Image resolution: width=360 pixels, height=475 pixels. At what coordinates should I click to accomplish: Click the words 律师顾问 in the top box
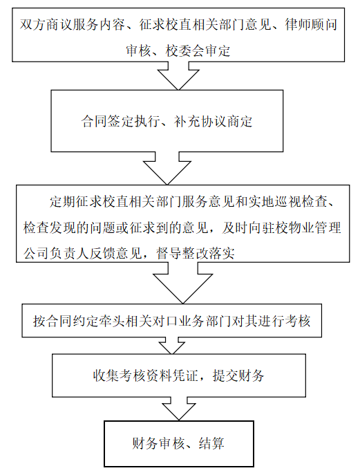click(x=311, y=25)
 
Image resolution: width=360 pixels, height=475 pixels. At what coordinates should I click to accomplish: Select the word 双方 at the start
click(x=33, y=25)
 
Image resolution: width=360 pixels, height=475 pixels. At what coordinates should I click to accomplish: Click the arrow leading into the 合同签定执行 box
click(x=178, y=76)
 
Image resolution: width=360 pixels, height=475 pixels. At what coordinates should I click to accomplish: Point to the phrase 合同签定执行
click(x=121, y=122)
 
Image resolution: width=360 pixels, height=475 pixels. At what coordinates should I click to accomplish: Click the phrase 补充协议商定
click(x=213, y=122)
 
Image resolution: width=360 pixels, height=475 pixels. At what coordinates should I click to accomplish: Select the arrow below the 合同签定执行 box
click(x=167, y=168)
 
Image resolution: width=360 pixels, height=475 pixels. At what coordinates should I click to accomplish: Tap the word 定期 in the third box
click(x=63, y=201)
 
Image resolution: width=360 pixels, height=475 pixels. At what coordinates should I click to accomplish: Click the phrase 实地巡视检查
click(x=288, y=201)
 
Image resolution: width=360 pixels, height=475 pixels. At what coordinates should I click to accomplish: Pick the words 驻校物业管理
click(x=301, y=227)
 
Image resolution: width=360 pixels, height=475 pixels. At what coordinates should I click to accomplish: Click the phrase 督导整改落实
click(x=196, y=253)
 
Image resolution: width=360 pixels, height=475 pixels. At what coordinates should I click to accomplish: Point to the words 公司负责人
click(x=57, y=253)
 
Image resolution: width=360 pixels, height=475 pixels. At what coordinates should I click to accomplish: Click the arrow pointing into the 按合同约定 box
click(x=183, y=283)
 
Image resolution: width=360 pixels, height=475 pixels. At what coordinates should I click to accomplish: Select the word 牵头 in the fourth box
click(x=112, y=321)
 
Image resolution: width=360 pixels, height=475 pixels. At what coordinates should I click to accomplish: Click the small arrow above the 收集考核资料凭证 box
click(x=172, y=345)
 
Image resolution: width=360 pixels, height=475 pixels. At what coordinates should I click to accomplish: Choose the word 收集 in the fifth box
click(x=106, y=375)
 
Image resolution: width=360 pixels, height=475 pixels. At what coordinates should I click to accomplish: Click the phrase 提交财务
click(x=238, y=375)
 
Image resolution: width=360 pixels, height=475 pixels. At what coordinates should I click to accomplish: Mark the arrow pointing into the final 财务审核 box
click(x=179, y=409)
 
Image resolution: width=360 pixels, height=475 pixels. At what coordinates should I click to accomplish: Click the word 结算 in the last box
click(x=211, y=443)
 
